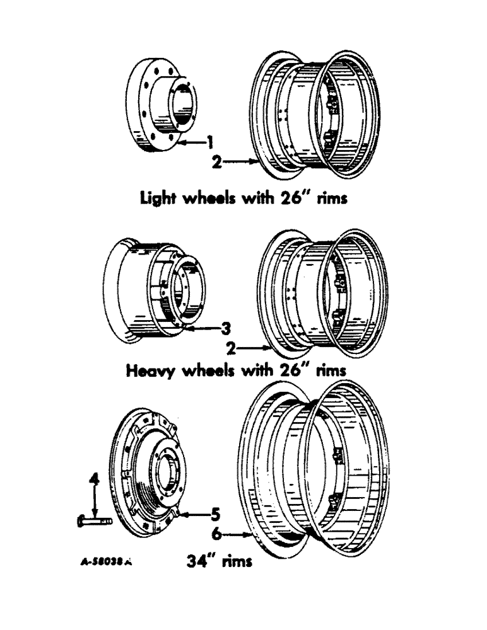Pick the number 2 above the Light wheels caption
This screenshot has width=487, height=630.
pyautogui.click(x=216, y=162)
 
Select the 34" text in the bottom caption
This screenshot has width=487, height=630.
pyautogui.click(x=202, y=559)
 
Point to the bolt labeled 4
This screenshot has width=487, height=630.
pyautogui.click(x=95, y=522)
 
